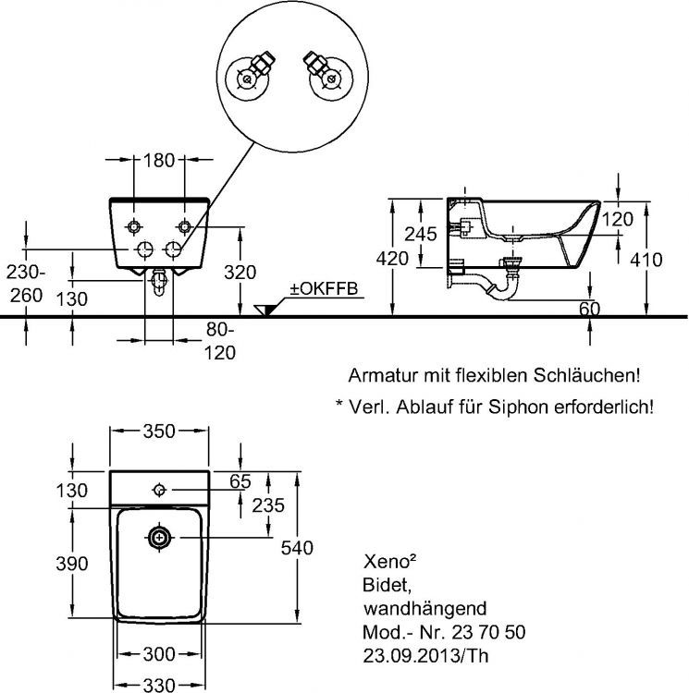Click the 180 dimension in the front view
(160, 160)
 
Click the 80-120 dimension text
(220, 340)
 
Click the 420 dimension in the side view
(392, 260)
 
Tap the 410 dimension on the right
(645, 260)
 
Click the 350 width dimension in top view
(159, 432)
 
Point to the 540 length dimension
(295, 547)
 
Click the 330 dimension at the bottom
(159, 683)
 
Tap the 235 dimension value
(267, 505)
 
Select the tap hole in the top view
(159, 489)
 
